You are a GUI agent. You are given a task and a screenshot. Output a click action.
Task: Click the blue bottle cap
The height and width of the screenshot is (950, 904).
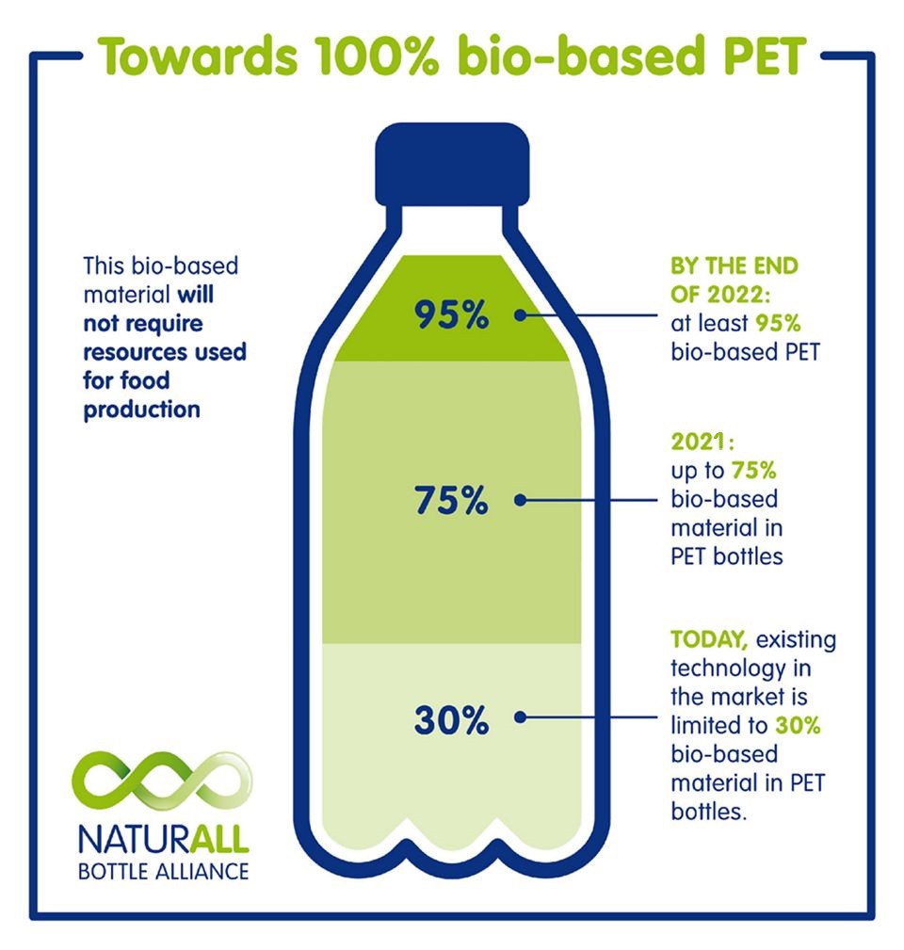point(452,164)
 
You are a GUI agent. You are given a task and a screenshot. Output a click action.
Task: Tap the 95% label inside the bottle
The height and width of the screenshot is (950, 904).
point(451,315)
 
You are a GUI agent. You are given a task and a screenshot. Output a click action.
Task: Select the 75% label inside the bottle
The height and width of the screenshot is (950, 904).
point(451,501)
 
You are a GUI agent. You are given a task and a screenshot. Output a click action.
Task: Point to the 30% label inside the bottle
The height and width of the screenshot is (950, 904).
point(451,720)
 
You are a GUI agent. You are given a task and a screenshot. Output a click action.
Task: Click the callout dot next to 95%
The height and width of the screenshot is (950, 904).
point(520,315)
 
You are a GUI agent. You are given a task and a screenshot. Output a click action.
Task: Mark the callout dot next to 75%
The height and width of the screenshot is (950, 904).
point(520,501)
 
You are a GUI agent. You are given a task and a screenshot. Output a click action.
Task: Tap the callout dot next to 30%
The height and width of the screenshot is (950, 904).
point(520,717)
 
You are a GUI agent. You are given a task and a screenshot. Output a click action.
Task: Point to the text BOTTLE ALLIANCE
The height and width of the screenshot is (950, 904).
point(164,872)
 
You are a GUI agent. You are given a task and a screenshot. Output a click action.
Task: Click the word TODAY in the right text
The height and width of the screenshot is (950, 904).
point(709,640)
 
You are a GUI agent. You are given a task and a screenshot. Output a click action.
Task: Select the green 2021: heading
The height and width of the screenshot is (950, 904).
point(702,442)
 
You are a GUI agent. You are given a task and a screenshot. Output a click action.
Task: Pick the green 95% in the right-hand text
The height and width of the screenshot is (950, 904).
point(778,324)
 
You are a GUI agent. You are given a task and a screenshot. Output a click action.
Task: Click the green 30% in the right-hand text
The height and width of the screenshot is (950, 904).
point(798,725)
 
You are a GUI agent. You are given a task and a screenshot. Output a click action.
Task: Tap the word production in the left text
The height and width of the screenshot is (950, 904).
point(142,411)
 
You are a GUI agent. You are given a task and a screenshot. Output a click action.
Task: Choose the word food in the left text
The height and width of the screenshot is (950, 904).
point(146,380)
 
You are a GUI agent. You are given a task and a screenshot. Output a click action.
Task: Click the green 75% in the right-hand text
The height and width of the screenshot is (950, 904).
point(753,470)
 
